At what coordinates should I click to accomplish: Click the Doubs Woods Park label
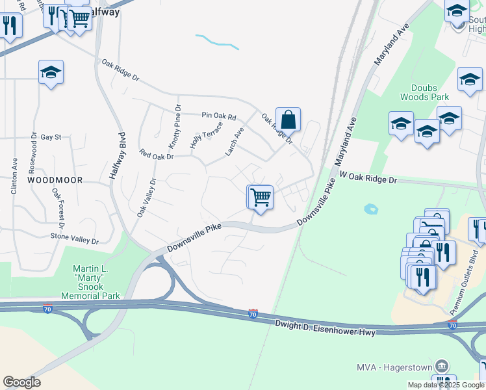click(x=429, y=92)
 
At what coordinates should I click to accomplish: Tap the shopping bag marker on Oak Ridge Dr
click(x=288, y=120)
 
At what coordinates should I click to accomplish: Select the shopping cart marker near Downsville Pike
click(x=261, y=196)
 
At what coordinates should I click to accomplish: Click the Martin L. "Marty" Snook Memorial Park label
click(x=90, y=281)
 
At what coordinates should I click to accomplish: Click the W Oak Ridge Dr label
click(x=368, y=178)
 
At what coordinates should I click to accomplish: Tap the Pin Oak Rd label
click(x=218, y=116)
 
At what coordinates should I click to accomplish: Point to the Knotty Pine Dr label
click(x=177, y=123)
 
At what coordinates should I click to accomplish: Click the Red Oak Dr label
click(x=157, y=155)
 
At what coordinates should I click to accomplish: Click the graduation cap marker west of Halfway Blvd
click(x=51, y=73)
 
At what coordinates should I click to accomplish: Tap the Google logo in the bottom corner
click(x=21, y=382)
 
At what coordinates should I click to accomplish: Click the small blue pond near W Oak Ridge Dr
click(x=371, y=209)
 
